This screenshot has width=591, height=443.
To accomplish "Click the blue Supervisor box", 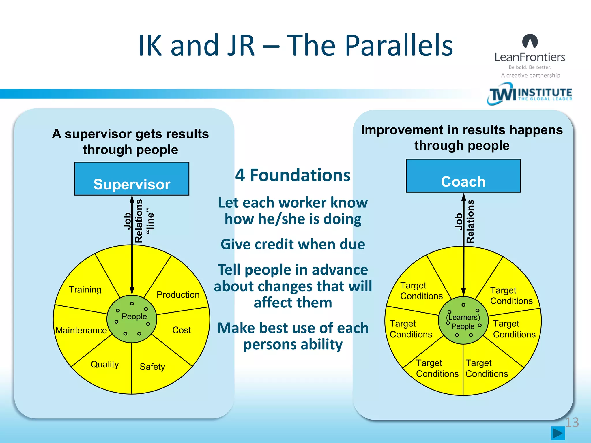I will (x=132, y=179).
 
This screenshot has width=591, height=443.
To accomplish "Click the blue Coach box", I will (x=463, y=176).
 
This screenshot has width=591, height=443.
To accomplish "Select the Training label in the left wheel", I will (x=85, y=289).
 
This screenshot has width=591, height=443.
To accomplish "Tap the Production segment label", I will (x=178, y=294).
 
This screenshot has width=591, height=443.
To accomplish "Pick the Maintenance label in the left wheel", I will (x=81, y=330).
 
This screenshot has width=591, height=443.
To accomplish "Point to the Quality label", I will (x=104, y=364).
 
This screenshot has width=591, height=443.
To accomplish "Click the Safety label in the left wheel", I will (x=152, y=367).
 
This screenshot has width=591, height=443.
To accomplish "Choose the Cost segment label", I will (x=182, y=330).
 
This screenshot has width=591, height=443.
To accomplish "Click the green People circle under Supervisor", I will (x=132, y=319).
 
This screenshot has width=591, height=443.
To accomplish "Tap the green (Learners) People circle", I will (x=463, y=321).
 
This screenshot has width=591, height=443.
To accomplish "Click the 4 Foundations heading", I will (x=293, y=175).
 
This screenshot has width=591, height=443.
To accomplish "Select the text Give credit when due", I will (x=293, y=244).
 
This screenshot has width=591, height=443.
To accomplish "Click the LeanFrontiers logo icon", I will (x=530, y=41).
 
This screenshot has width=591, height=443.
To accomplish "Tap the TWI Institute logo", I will (x=530, y=94).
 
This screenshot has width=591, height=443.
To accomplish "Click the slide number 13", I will (x=572, y=422).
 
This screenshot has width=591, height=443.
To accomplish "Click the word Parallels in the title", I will (x=399, y=45).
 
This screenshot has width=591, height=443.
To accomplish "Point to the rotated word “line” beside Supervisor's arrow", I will (x=150, y=221).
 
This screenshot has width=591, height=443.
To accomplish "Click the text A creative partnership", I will (x=530, y=75).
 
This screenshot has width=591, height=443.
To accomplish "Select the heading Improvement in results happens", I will (x=462, y=130).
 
